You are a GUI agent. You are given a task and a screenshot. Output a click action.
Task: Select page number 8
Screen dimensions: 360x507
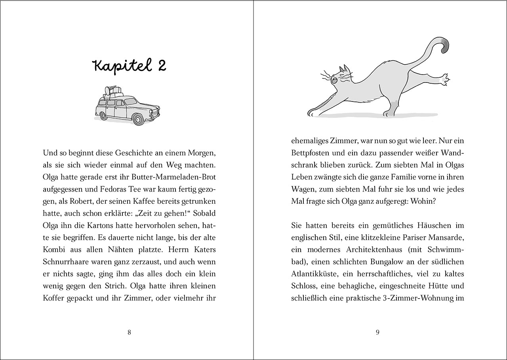coord(130,333)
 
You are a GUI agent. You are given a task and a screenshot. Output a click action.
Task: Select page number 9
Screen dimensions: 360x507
coord(377,333)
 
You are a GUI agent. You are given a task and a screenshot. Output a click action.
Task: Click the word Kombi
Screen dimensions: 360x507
coord(54,250)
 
